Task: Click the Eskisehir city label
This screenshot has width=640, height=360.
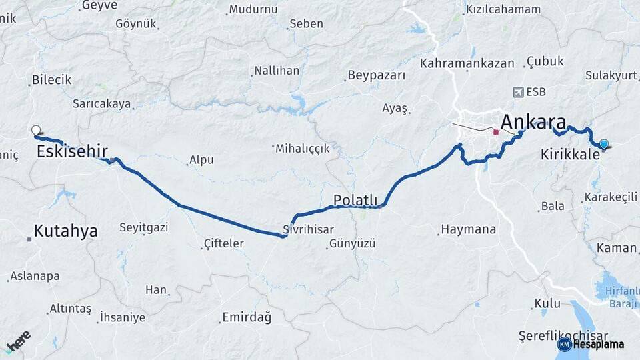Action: [72, 151]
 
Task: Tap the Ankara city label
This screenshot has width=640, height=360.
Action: [533, 123]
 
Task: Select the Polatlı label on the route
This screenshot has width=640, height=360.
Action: [355, 200]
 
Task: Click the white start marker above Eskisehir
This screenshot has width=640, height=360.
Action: [36, 131]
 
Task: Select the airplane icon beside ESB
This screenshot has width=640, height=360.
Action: [517, 92]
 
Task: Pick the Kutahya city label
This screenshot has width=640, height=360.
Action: [65, 231]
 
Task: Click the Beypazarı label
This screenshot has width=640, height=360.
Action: [377, 75]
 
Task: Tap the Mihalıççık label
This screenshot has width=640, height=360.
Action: [303, 149]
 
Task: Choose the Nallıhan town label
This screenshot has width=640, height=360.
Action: [277, 71]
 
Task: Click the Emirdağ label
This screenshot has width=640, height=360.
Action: [247, 317]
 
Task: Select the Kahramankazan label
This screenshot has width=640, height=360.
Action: [467, 63]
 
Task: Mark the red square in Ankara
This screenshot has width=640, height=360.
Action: [496, 132]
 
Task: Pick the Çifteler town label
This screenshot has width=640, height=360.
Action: [223, 244]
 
